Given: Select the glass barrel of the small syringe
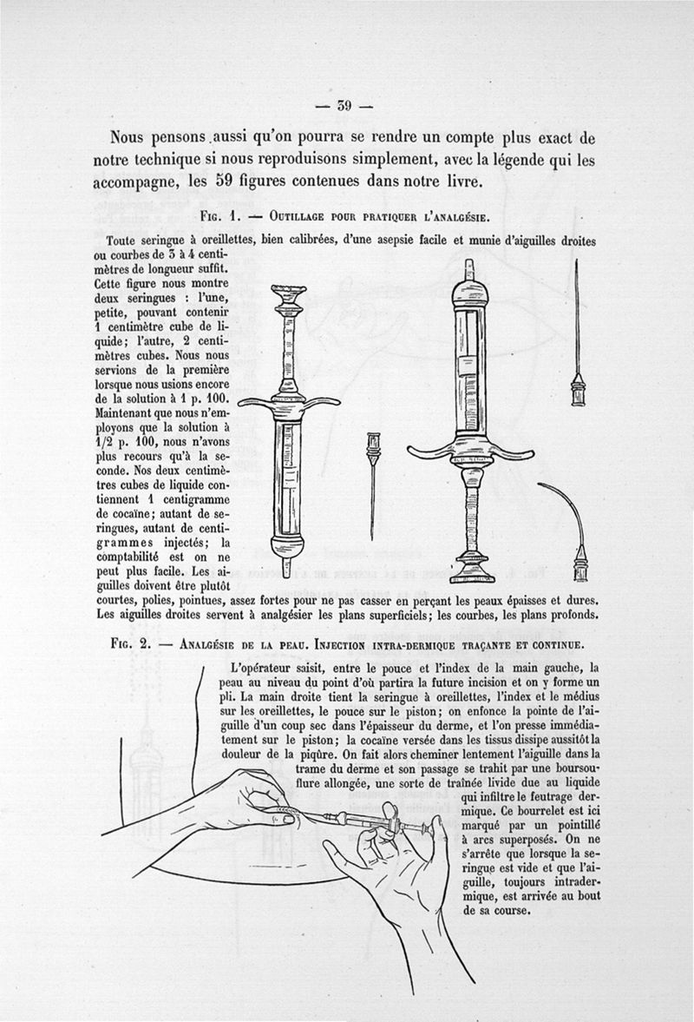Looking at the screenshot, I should (287, 478).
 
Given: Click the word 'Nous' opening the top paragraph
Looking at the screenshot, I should (128, 137).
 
